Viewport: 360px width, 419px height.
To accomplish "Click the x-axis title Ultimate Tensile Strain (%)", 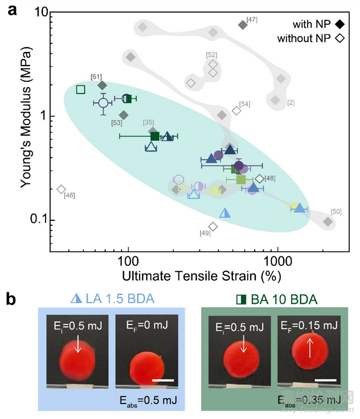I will click(x=201, y=277).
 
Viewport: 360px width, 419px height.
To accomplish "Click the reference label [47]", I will click(x=252, y=20).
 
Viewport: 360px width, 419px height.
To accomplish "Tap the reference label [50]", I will click(x=336, y=212).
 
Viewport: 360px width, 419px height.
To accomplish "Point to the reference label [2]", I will click(x=291, y=103).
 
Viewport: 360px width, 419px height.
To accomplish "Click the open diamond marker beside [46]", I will click(x=61, y=189).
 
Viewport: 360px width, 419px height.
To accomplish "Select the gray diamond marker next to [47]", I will click(x=242, y=25).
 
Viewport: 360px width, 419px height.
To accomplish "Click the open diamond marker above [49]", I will click(x=213, y=227).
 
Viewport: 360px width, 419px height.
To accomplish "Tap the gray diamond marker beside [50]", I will click(x=328, y=221).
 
